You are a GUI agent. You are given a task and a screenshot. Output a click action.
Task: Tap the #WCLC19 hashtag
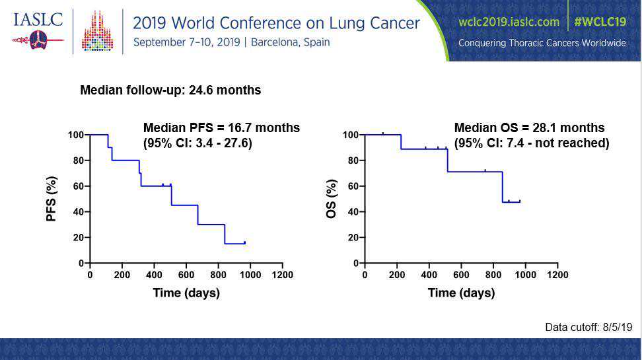tap(600, 21)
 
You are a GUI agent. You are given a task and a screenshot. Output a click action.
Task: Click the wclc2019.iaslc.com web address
tap(509, 21)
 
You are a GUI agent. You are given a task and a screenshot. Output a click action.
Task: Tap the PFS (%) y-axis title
tap(52, 198)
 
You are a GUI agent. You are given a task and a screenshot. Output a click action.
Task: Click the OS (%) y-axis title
tap(331, 198)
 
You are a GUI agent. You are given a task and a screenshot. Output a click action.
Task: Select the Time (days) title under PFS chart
tap(186, 293)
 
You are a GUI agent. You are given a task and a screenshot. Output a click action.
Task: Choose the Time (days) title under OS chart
tap(461, 293)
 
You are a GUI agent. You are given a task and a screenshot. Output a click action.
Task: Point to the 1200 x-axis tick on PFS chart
tap(283, 275)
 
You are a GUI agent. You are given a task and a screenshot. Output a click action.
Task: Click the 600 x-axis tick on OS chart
tap(461, 275)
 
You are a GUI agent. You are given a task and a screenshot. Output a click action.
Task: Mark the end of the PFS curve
tap(245, 243)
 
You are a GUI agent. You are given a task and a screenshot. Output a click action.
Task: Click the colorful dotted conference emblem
tap(97, 31)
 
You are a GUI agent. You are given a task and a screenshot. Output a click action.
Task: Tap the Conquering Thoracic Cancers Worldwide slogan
tap(542, 43)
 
